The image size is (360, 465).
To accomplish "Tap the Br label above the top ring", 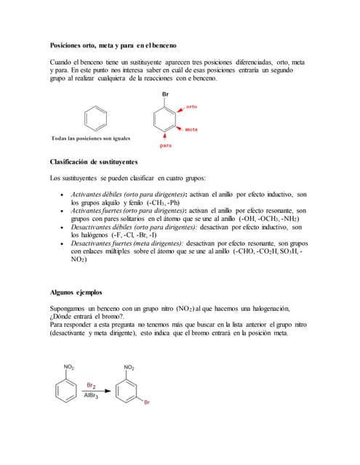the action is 167,94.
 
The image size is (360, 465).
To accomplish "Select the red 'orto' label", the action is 191,107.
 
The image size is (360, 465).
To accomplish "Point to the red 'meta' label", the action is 191,129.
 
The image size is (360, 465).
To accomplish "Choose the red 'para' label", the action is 165,145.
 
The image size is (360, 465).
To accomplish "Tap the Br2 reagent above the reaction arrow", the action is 92,385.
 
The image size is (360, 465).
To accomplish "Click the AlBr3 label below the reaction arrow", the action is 92,396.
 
